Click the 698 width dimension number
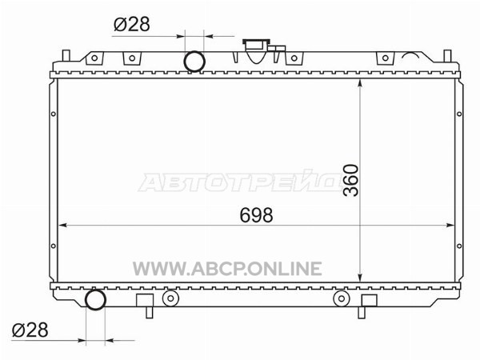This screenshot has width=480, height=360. point(256,215)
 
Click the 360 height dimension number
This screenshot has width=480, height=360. point(351,180)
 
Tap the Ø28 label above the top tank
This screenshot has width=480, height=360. point(132,24)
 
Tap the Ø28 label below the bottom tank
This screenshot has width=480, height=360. point(30,330)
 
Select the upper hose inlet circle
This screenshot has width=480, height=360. point(194,62)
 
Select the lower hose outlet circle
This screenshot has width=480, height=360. point(95,300)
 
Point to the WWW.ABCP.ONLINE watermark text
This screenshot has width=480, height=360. point(227,269)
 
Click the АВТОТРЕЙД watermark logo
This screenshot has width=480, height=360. point(240,182)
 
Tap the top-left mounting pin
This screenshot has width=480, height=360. point(66,55)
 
